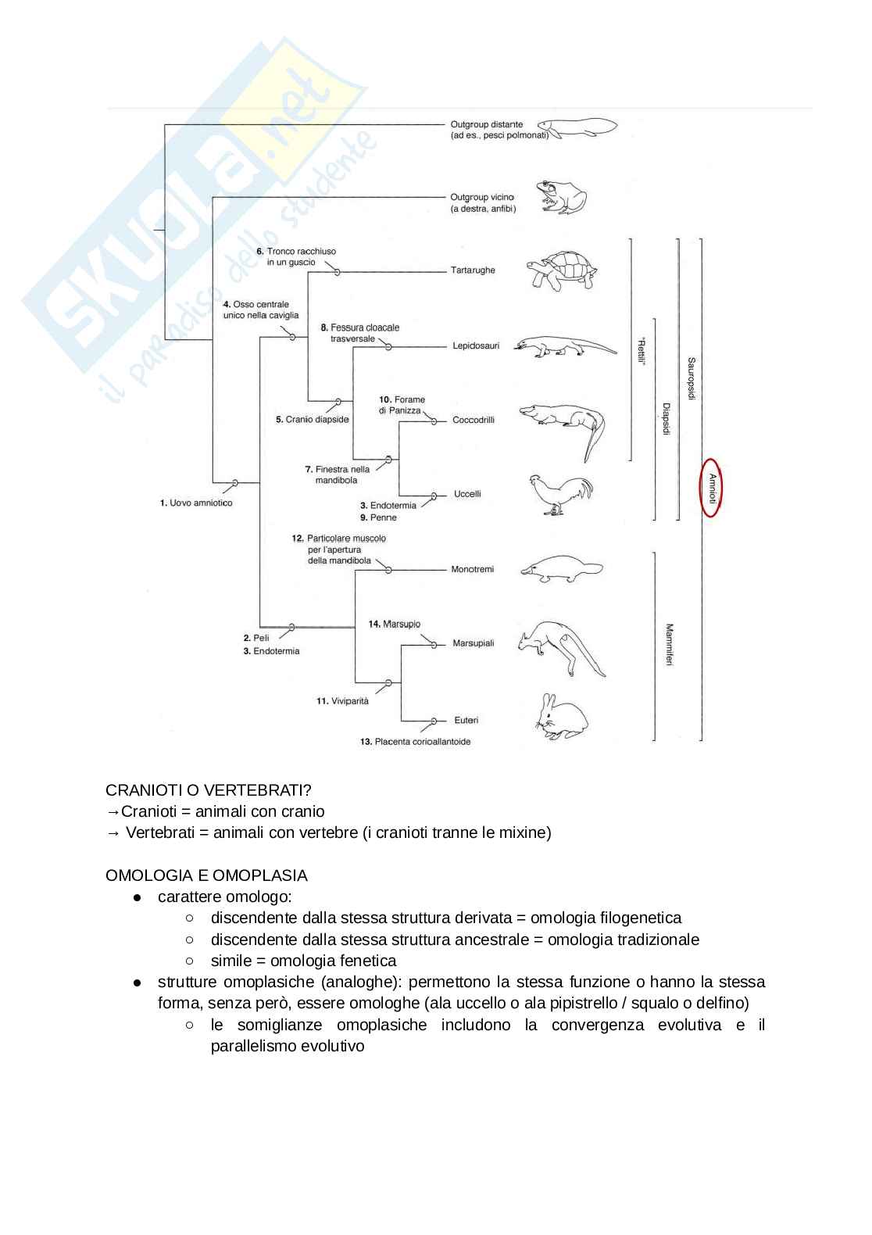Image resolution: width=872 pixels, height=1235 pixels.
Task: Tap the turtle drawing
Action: (560, 270)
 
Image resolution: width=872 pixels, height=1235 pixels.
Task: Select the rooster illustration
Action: (559, 495)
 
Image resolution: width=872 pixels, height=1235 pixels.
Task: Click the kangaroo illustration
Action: (561, 648)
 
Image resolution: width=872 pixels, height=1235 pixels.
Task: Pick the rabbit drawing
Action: (561, 718)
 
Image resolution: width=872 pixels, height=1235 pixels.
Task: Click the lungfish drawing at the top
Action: (577, 127)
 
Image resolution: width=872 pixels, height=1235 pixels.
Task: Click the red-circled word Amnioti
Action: (712, 488)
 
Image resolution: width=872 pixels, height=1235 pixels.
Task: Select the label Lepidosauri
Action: (475, 345)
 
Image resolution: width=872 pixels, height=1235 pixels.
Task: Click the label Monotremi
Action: (472, 569)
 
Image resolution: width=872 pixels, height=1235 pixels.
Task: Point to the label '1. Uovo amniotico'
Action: (196, 503)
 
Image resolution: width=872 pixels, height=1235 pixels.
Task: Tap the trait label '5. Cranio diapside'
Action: (312, 420)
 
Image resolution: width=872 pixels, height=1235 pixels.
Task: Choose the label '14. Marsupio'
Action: (394, 624)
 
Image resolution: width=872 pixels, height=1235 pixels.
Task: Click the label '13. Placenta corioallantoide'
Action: (415, 741)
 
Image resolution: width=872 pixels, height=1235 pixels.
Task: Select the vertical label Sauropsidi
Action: (691, 378)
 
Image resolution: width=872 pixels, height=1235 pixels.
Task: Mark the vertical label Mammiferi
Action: (669, 644)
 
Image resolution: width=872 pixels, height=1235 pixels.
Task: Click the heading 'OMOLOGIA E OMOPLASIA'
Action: (206, 875)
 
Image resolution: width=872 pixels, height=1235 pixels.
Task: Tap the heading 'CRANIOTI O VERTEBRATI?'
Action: (209, 791)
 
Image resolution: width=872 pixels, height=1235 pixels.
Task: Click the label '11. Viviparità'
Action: (342, 701)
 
